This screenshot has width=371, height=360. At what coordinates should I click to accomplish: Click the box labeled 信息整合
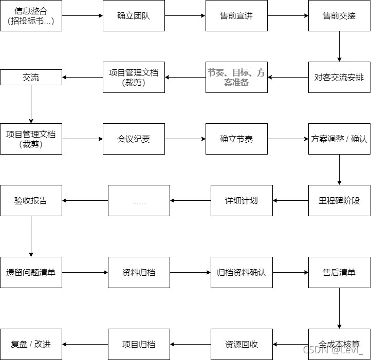(31, 15)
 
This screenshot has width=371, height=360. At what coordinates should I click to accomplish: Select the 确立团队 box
(134, 15)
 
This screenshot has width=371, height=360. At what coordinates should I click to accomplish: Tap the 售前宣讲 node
(236, 15)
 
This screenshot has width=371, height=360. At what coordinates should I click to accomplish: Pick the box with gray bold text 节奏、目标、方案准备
(236, 77)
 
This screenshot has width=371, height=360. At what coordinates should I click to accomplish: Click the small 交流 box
(31, 77)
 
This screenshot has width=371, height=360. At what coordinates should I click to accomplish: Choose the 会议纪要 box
(134, 139)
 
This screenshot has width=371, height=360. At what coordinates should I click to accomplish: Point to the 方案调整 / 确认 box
(339, 139)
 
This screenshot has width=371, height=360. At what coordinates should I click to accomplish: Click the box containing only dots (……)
(139, 200)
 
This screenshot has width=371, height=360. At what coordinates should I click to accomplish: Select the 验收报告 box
(31, 200)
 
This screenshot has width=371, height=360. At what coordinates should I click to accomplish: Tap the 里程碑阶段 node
(339, 200)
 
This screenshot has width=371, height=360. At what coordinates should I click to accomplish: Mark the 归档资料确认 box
(242, 272)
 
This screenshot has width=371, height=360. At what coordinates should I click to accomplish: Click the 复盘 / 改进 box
(31, 344)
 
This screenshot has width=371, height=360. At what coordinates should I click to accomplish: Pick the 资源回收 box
(242, 344)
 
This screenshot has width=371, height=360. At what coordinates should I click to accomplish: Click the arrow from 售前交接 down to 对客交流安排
(339, 46)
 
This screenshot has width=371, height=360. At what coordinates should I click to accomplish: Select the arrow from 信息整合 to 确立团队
(82, 15)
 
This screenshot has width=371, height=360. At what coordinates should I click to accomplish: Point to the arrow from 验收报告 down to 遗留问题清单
(31, 236)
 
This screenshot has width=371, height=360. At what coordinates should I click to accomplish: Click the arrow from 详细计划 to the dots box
(190, 200)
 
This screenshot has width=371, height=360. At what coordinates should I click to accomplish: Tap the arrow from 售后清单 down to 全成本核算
(339, 308)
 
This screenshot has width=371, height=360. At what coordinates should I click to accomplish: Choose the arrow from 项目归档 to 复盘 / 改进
(85, 344)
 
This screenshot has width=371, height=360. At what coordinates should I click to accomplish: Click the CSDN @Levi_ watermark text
(332, 350)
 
